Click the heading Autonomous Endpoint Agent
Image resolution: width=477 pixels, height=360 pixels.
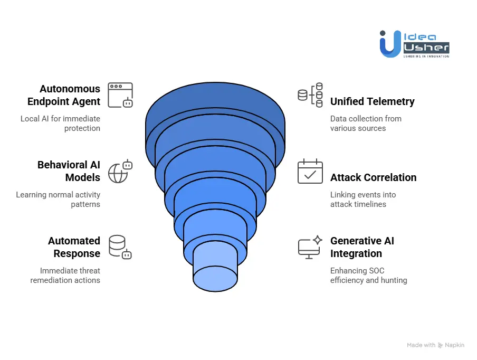[64, 95]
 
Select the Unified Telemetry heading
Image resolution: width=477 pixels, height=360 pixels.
[372, 101]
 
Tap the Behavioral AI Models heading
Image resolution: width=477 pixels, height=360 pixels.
[69, 171]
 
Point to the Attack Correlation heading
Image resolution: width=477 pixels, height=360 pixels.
[373, 177]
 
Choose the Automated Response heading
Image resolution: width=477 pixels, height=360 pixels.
[74, 247]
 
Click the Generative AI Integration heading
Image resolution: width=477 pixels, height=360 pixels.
[362, 247]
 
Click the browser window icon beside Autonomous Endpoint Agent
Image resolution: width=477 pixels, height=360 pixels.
[120, 95]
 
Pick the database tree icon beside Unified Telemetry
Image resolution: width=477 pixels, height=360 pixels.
[310, 95]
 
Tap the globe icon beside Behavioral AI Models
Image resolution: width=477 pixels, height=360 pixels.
[120, 171]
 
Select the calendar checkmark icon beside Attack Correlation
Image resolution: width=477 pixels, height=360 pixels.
[310, 172]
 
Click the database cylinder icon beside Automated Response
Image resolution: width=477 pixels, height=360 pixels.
[120, 247]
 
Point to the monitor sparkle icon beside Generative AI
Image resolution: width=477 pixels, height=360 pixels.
[310, 247]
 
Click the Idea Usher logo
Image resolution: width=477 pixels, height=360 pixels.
[414, 44]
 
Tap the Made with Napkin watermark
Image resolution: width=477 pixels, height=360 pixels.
[435, 345]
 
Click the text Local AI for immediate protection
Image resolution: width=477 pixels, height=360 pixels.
[60, 124]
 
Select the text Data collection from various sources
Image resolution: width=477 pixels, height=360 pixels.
[366, 124]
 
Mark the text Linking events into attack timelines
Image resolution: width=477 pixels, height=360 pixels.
[363, 200]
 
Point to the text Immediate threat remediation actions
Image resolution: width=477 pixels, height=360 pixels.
[65, 276]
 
